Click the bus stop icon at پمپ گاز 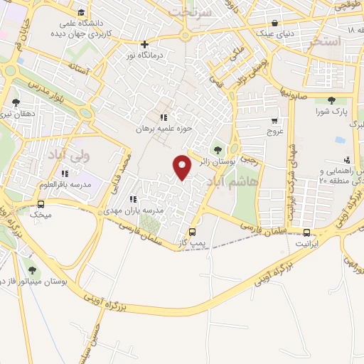pos(192,232)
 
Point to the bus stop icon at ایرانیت pos(306,232)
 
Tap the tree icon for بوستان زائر pos(217,149)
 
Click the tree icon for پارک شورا pos(331,101)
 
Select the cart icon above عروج pos(275,121)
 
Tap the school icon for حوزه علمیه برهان pos(163,117)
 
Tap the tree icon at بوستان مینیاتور pos(32,269)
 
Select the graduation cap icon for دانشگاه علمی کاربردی pos(81,12)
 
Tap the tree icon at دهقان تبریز pos(16,102)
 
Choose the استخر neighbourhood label pos(326,41)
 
